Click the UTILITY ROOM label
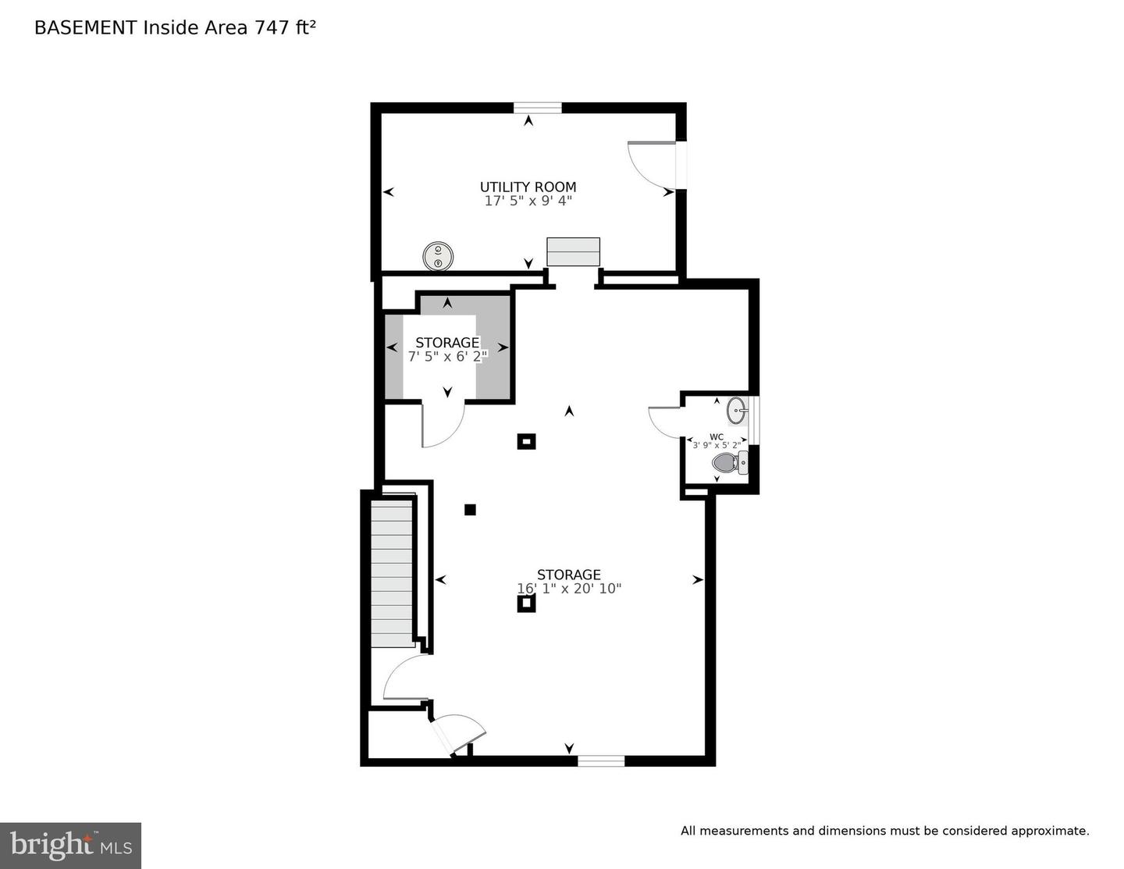pyautogui.click(x=528, y=187)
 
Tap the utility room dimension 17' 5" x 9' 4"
pyautogui.click(x=528, y=201)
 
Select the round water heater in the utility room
pyautogui.click(x=438, y=256)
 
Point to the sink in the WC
pyautogui.click(x=737, y=411)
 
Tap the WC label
pyautogui.click(x=717, y=437)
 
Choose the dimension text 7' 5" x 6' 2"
pyautogui.click(x=447, y=356)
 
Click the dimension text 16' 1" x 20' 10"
pyautogui.click(x=569, y=588)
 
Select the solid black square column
pyautogui.click(x=470, y=510)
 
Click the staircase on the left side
pyautogui.click(x=392, y=572)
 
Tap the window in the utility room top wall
pyautogui.click(x=538, y=108)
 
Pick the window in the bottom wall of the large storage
pyautogui.click(x=601, y=760)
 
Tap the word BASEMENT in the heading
pyautogui.click(x=85, y=27)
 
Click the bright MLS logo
pyautogui.click(x=70, y=846)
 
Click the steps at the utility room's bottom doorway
pyautogui.click(x=574, y=252)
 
